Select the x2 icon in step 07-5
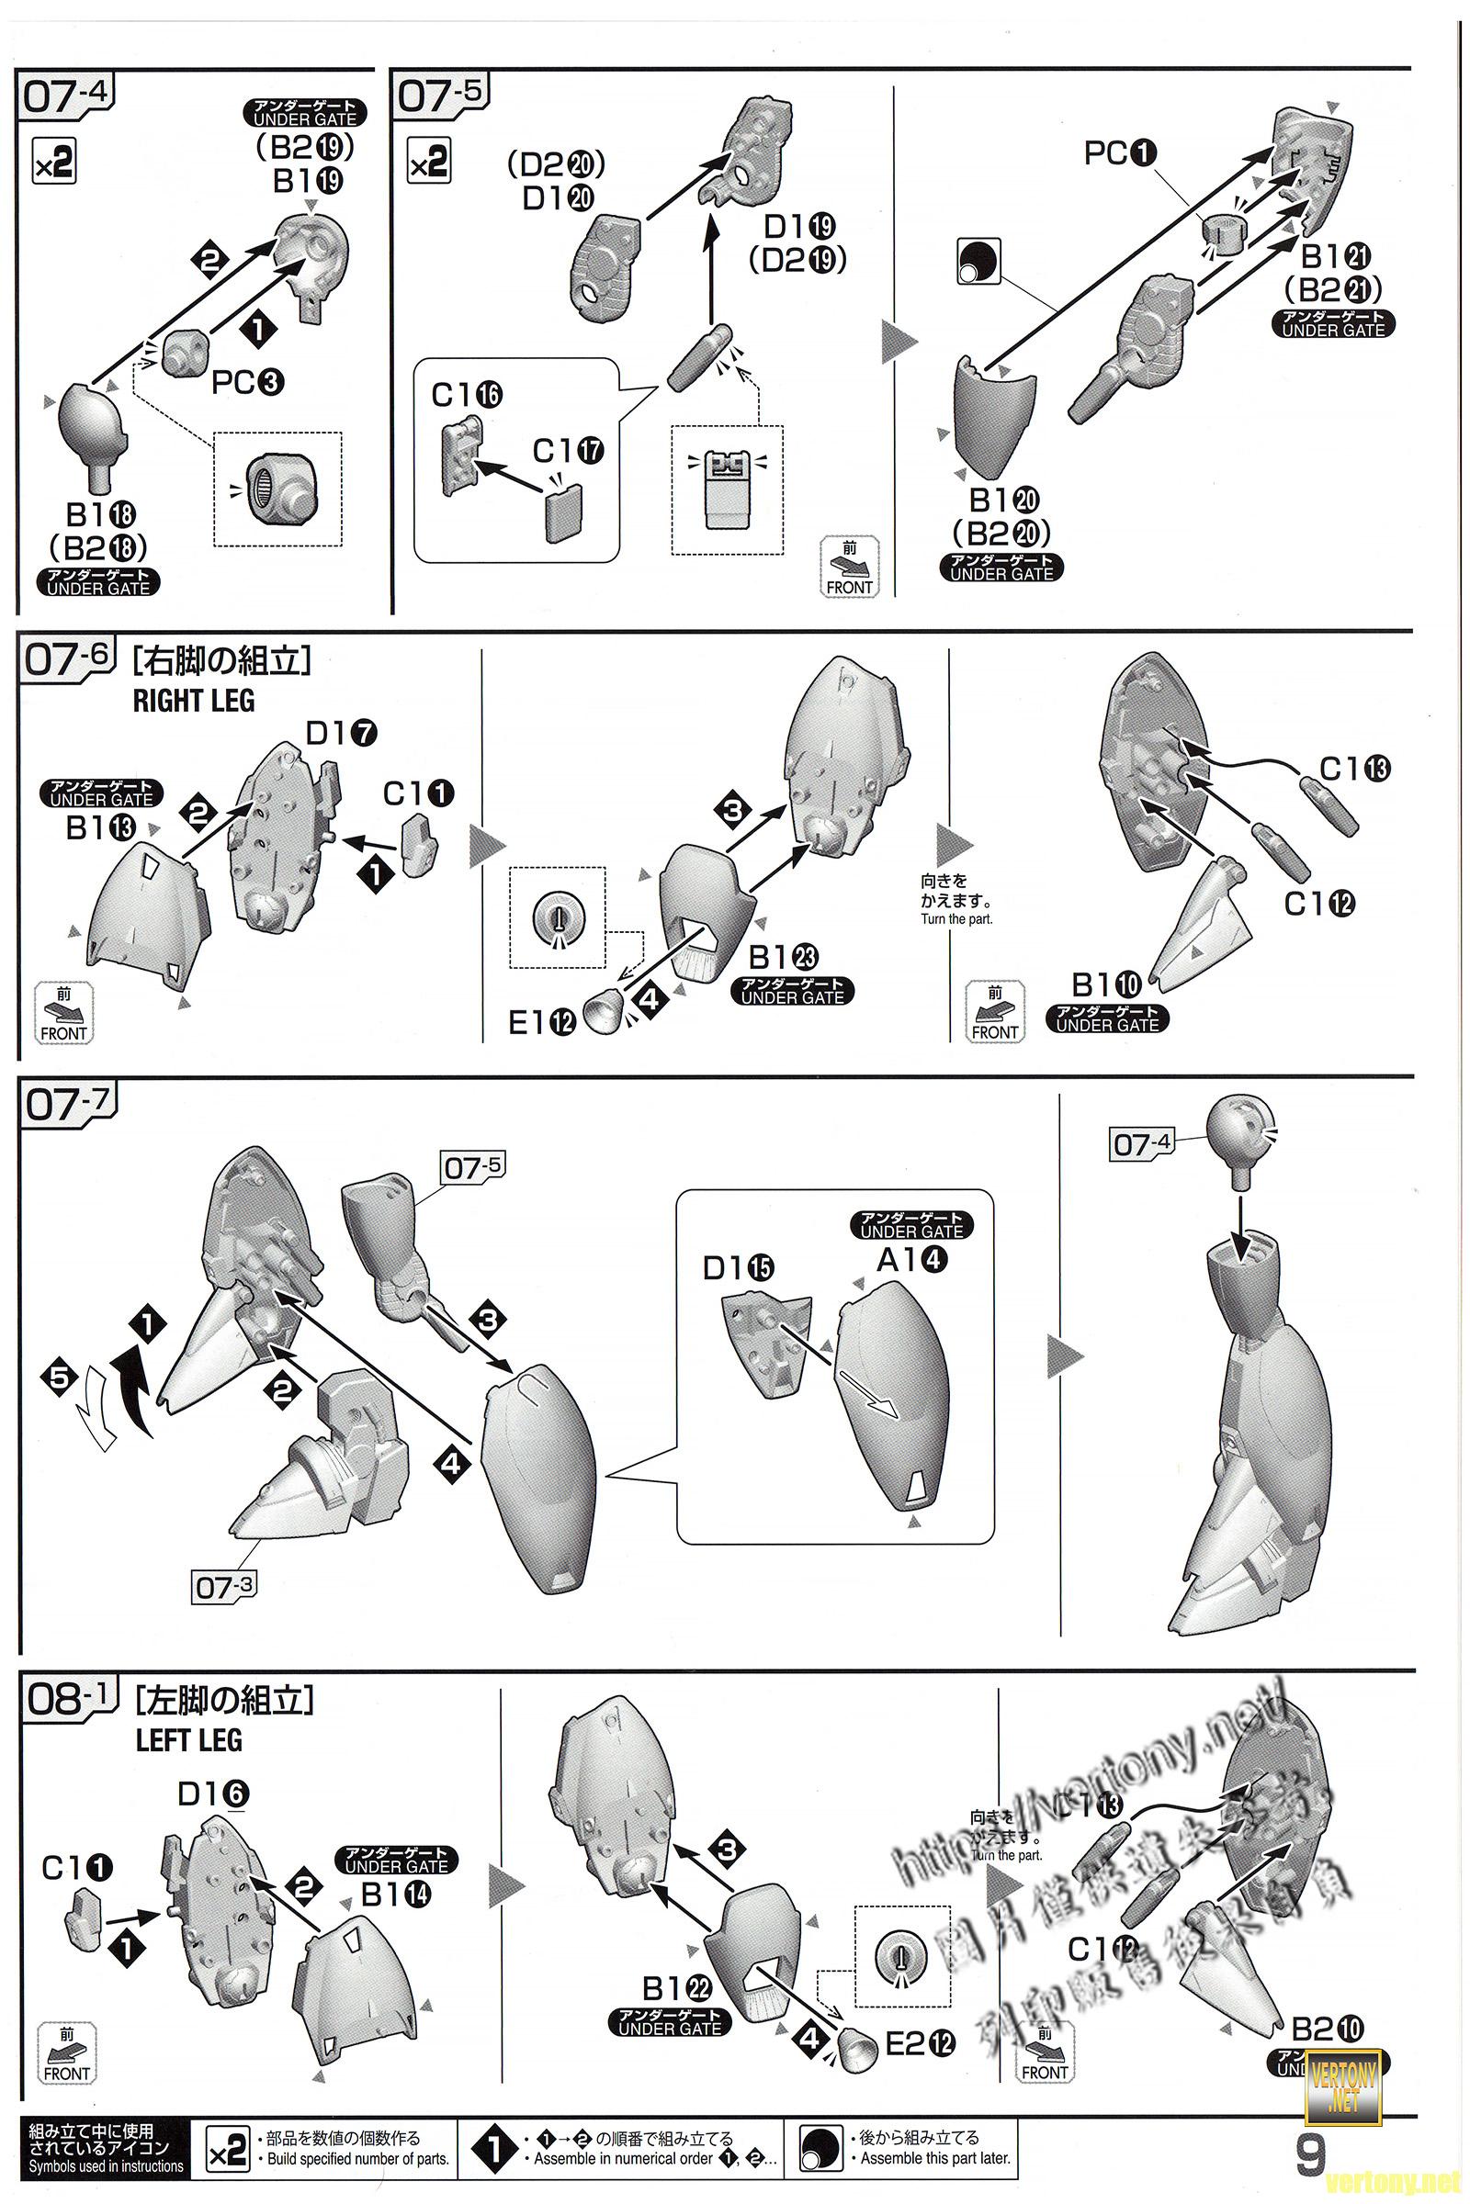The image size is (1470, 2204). tap(428, 162)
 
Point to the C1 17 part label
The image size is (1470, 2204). tap(568, 451)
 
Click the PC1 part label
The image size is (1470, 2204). tap(1120, 152)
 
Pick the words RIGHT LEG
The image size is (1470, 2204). tap(194, 700)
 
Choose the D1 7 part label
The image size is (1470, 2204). tap(341, 733)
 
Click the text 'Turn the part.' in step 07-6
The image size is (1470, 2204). tap(956, 919)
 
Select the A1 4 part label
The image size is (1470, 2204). tap(911, 1260)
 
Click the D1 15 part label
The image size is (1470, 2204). tap(739, 1268)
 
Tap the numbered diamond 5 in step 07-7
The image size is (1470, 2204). tap(59, 1377)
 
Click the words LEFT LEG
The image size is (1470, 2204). tap(189, 1739)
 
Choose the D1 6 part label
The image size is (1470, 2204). tap(214, 1794)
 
